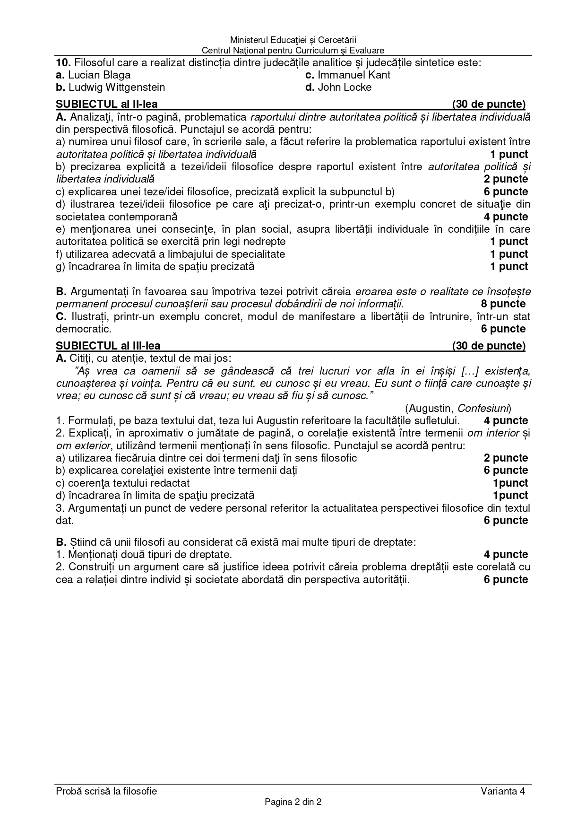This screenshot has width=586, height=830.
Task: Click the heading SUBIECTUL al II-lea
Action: (x=107, y=104)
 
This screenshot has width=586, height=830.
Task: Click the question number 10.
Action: (x=63, y=62)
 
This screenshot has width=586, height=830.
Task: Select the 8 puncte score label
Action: (x=503, y=304)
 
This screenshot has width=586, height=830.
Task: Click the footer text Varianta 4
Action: (x=503, y=791)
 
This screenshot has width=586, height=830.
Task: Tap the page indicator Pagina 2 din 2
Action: (x=293, y=802)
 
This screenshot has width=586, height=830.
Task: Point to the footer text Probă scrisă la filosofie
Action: (x=106, y=791)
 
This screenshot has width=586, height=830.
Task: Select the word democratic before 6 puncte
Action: (x=83, y=329)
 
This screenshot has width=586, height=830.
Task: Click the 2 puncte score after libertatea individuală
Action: (x=506, y=179)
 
